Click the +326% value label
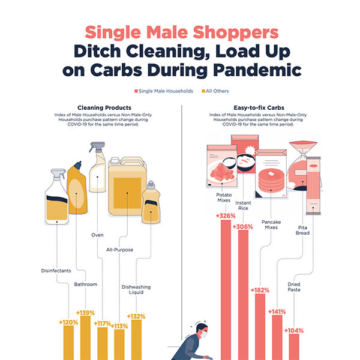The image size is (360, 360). pyautogui.click(x=226, y=216)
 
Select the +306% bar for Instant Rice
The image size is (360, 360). pyautogui.click(x=243, y=295)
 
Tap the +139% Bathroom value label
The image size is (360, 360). pyautogui.click(x=85, y=313)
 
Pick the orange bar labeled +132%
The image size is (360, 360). pyautogui.click(x=136, y=340)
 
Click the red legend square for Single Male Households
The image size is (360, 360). pyautogui.click(x=136, y=91)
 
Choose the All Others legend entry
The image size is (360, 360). pyautogui.click(x=215, y=91)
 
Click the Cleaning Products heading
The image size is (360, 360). pyautogui.click(x=104, y=107)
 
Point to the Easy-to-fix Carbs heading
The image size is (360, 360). pyautogui.click(x=259, y=107)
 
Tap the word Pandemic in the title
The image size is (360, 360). pyautogui.click(x=257, y=70)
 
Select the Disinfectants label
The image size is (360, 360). pyautogui.click(x=56, y=271)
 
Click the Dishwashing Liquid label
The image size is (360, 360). pyautogui.click(x=136, y=290)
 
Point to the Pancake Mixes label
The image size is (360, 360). pyautogui.click(x=271, y=224)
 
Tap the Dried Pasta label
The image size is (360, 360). pyautogui.click(x=294, y=287)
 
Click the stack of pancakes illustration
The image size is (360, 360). pyautogui.click(x=271, y=181)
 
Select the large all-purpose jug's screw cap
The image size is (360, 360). pyautogui.click(x=115, y=160)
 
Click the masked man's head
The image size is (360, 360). pyautogui.click(x=202, y=331)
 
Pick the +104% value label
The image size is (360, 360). pyautogui.click(x=294, y=331)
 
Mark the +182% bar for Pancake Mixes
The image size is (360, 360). pyautogui.click(x=260, y=327)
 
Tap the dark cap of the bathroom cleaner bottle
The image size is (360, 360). pyautogui.click(x=78, y=165)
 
